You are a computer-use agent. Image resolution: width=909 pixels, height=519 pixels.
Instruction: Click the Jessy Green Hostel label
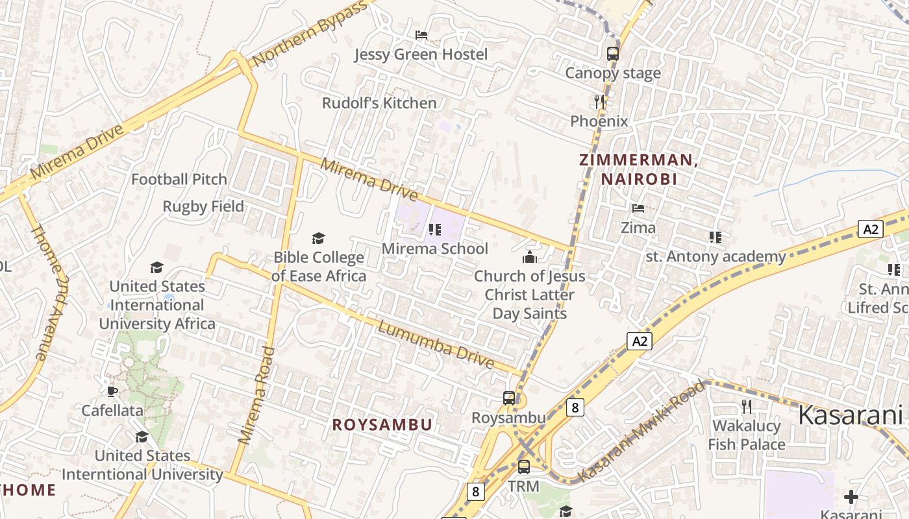[x=421, y=54]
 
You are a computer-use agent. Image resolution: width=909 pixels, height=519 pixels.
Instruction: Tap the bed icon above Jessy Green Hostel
[x=421, y=34]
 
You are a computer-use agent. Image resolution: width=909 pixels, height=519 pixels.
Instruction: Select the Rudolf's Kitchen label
[x=379, y=103]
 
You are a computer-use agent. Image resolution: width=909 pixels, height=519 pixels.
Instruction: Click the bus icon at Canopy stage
[x=613, y=53]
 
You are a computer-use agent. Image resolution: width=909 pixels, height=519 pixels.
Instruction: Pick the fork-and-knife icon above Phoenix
[x=599, y=101]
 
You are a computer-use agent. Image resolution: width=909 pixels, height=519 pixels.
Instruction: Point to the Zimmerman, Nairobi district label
[x=638, y=169]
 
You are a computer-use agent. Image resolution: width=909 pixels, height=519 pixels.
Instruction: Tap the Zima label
[x=638, y=228]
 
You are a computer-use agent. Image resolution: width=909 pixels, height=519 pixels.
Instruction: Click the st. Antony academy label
[x=716, y=256]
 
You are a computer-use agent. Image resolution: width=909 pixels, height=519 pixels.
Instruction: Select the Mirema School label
[x=435, y=248]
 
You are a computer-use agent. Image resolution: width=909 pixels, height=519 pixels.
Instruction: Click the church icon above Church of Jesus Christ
[x=530, y=257]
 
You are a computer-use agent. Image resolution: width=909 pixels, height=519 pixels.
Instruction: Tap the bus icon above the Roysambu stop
[x=509, y=398]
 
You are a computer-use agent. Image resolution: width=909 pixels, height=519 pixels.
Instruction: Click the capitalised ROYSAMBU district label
[x=382, y=425]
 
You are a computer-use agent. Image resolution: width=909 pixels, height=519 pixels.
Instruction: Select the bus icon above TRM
[x=523, y=466]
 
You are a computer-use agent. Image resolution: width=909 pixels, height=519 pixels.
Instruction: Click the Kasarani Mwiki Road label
[x=641, y=431]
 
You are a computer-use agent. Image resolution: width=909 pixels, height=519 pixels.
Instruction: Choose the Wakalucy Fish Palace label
[x=747, y=435]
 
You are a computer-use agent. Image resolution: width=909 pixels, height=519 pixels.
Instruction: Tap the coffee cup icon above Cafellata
[x=112, y=391]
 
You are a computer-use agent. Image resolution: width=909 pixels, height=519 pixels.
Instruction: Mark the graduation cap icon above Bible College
[x=318, y=238]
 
